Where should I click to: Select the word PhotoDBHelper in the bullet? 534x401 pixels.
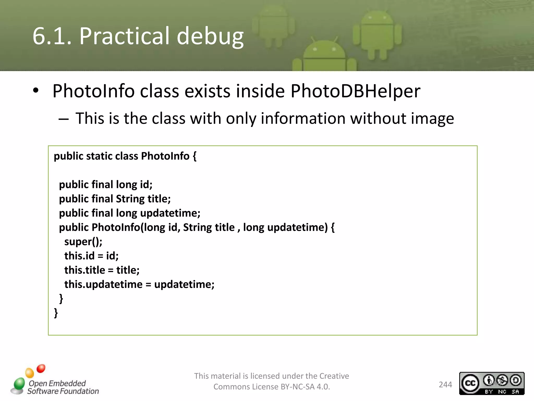(355, 91)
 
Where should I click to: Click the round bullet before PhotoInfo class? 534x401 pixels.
(36, 91)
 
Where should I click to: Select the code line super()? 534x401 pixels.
(83, 242)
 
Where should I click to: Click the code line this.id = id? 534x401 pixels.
(91, 256)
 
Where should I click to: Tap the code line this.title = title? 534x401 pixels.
(102, 270)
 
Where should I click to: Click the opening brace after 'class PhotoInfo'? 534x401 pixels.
(194, 156)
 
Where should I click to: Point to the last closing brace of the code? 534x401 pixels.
(56, 313)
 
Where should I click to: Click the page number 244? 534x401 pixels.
(445, 385)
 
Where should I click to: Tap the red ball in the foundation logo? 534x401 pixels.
(41, 369)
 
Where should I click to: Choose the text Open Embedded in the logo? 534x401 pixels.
(57, 383)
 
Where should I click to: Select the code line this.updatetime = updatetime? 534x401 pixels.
(139, 284)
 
